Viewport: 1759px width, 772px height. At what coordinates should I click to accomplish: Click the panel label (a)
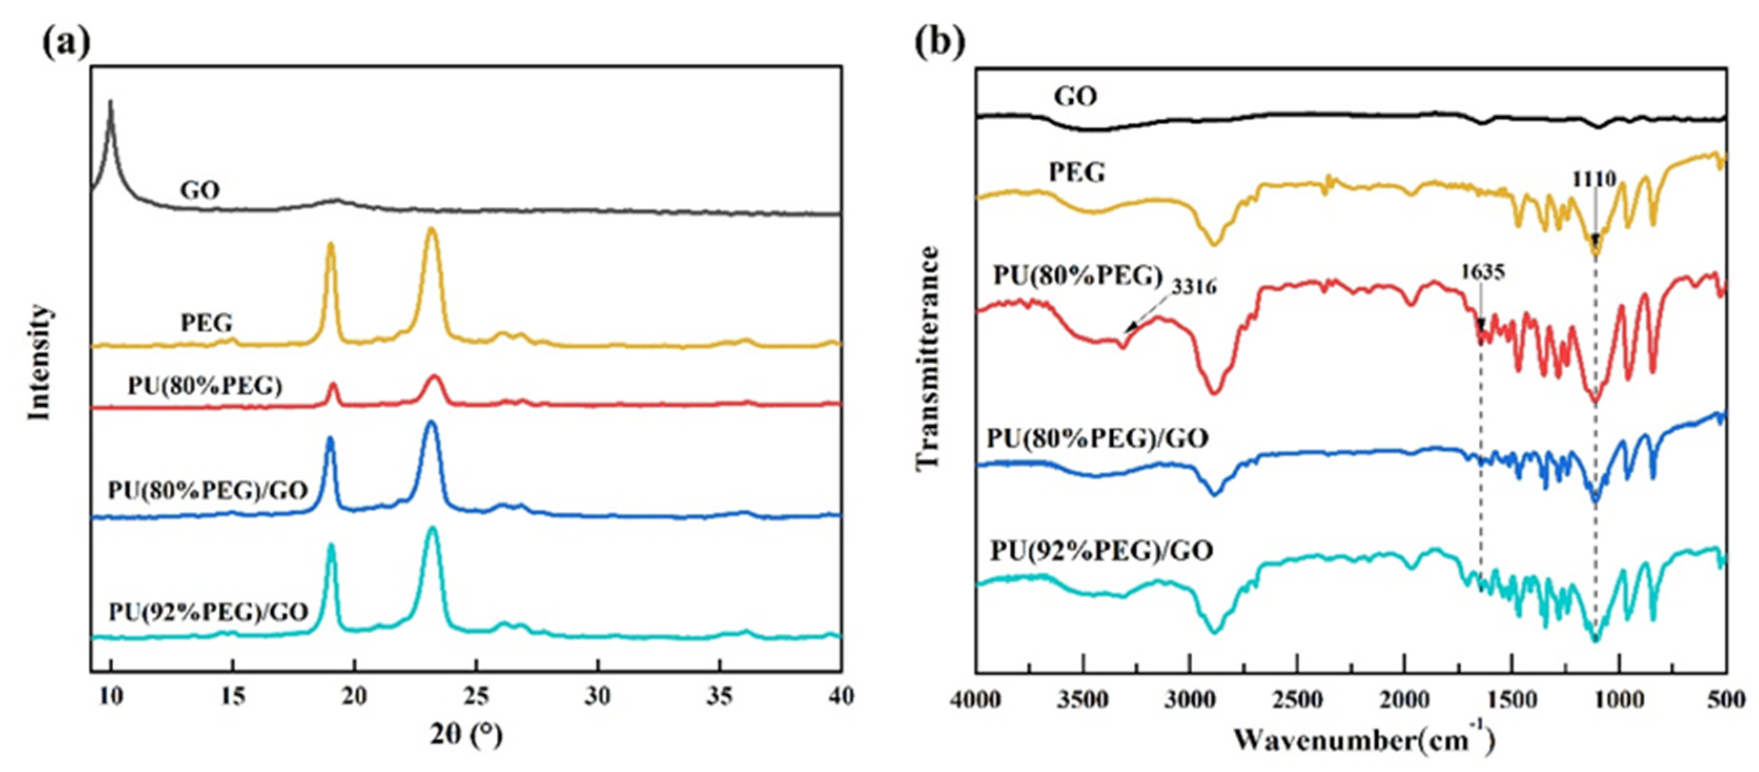[66, 43]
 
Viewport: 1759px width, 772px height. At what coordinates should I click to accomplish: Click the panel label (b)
[940, 43]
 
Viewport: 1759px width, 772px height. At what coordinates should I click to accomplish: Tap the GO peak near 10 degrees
[110, 102]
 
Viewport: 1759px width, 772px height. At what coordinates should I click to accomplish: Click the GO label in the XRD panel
[200, 190]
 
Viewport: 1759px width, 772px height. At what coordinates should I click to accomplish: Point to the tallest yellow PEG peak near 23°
[431, 231]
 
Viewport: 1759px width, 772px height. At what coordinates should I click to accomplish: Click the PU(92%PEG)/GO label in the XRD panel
[208, 612]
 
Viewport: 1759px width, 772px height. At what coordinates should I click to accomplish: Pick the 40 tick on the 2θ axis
[841, 697]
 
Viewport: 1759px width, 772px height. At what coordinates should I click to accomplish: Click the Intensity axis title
[39, 362]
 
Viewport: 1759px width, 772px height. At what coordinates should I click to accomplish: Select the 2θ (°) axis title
[466, 735]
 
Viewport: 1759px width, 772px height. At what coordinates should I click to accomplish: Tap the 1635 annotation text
[1483, 272]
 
